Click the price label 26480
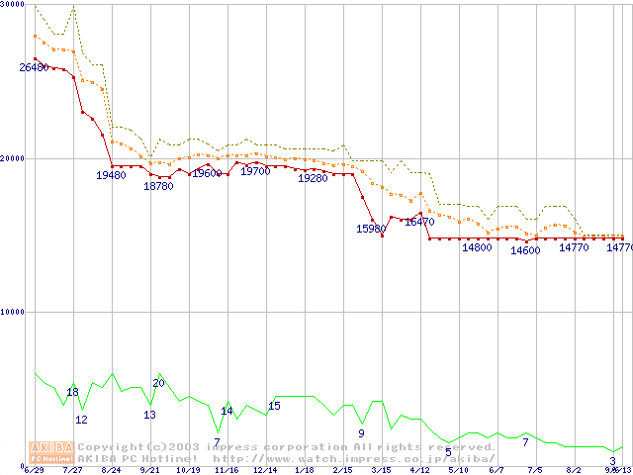pyautogui.click(x=34, y=67)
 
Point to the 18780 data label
pyautogui.click(x=158, y=185)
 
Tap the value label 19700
pyautogui.click(x=255, y=171)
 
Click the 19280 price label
pyautogui.click(x=312, y=178)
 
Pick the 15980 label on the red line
pyautogui.click(x=371, y=229)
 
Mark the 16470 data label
pyautogui.click(x=419, y=223)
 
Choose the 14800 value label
pyautogui.click(x=477, y=247)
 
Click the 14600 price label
pyautogui.click(x=525, y=250)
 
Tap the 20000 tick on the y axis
pyautogui.click(x=13, y=158)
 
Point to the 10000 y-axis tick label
pyautogui.click(x=13, y=312)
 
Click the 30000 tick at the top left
pyautogui.click(x=13, y=4)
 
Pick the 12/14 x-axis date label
pyautogui.click(x=265, y=470)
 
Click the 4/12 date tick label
pyautogui.click(x=419, y=470)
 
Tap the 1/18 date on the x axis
pyautogui.click(x=304, y=470)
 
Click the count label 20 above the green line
pyautogui.click(x=158, y=383)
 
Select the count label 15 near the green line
pyautogui.click(x=274, y=406)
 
